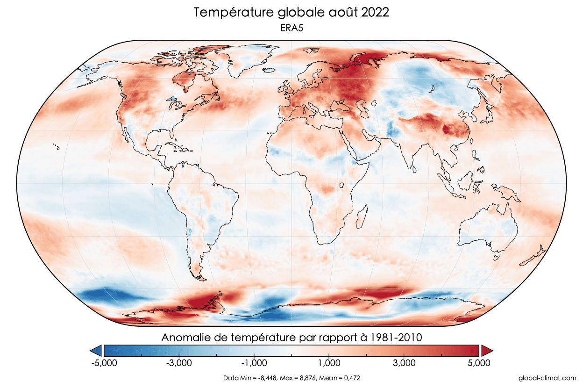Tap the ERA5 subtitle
(291, 29)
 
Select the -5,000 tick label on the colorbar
(103, 363)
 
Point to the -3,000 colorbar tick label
(178, 363)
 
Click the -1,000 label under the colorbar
(254, 363)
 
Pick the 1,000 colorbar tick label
(329, 363)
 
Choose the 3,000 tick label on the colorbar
(404, 363)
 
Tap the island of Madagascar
(360, 219)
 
